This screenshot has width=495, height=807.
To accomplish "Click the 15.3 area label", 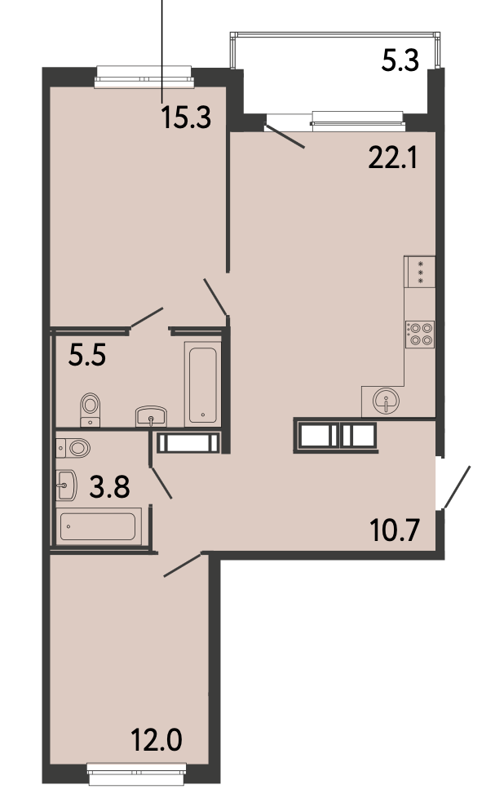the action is [x=186, y=118].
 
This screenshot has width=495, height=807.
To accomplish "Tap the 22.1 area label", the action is [x=392, y=157].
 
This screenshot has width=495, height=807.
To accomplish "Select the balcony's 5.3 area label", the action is [x=400, y=60].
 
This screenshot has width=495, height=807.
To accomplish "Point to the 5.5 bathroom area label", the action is [x=87, y=355].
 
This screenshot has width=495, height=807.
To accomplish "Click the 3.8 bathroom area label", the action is [x=109, y=487].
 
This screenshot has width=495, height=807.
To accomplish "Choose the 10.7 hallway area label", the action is [x=396, y=530].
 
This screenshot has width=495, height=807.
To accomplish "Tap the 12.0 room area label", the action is [x=157, y=740].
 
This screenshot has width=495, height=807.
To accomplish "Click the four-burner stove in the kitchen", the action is [x=420, y=334].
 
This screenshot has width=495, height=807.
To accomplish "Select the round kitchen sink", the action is [x=386, y=401].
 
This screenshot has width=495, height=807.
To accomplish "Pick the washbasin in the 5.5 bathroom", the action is [x=151, y=416].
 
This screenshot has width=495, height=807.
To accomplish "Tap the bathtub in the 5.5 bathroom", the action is [x=203, y=384].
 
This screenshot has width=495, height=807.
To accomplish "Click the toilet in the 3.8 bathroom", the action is [x=73, y=448].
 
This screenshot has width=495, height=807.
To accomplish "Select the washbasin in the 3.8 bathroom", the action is [x=66, y=485].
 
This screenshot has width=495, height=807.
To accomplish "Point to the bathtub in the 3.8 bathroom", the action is [x=99, y=526].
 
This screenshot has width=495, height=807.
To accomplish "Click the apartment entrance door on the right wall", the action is [x=457, y=487].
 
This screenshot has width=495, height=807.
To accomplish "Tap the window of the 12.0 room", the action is [x=136, y=774].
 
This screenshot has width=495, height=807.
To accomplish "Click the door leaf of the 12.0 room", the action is [x=182, y=565].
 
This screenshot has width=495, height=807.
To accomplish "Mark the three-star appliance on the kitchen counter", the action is [x=420, y=272].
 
